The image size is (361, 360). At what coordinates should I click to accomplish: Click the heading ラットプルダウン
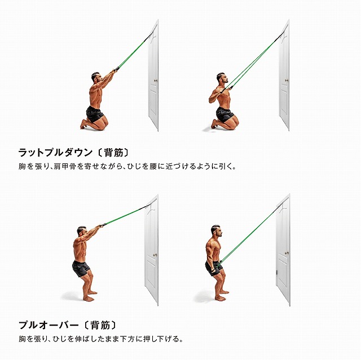[55, 153]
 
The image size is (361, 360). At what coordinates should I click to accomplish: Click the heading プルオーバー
[49, 325]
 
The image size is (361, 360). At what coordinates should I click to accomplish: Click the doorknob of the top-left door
[156, 81]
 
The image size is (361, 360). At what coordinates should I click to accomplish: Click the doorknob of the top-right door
[287, 81]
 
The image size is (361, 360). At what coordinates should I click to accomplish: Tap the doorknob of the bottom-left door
[155, 255]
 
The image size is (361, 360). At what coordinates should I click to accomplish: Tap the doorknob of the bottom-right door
[287, 253]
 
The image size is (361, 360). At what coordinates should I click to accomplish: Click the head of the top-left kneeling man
[96, 78]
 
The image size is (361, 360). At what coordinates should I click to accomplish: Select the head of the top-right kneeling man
[222, 78]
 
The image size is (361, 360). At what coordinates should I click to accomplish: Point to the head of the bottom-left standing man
[82, 232]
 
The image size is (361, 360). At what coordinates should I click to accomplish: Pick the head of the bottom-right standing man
[217, 231]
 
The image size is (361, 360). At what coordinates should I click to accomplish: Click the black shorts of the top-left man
[94, 114]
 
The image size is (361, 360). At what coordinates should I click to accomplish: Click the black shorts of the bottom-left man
[81, 269]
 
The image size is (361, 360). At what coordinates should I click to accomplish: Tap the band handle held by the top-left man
[117, 69]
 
